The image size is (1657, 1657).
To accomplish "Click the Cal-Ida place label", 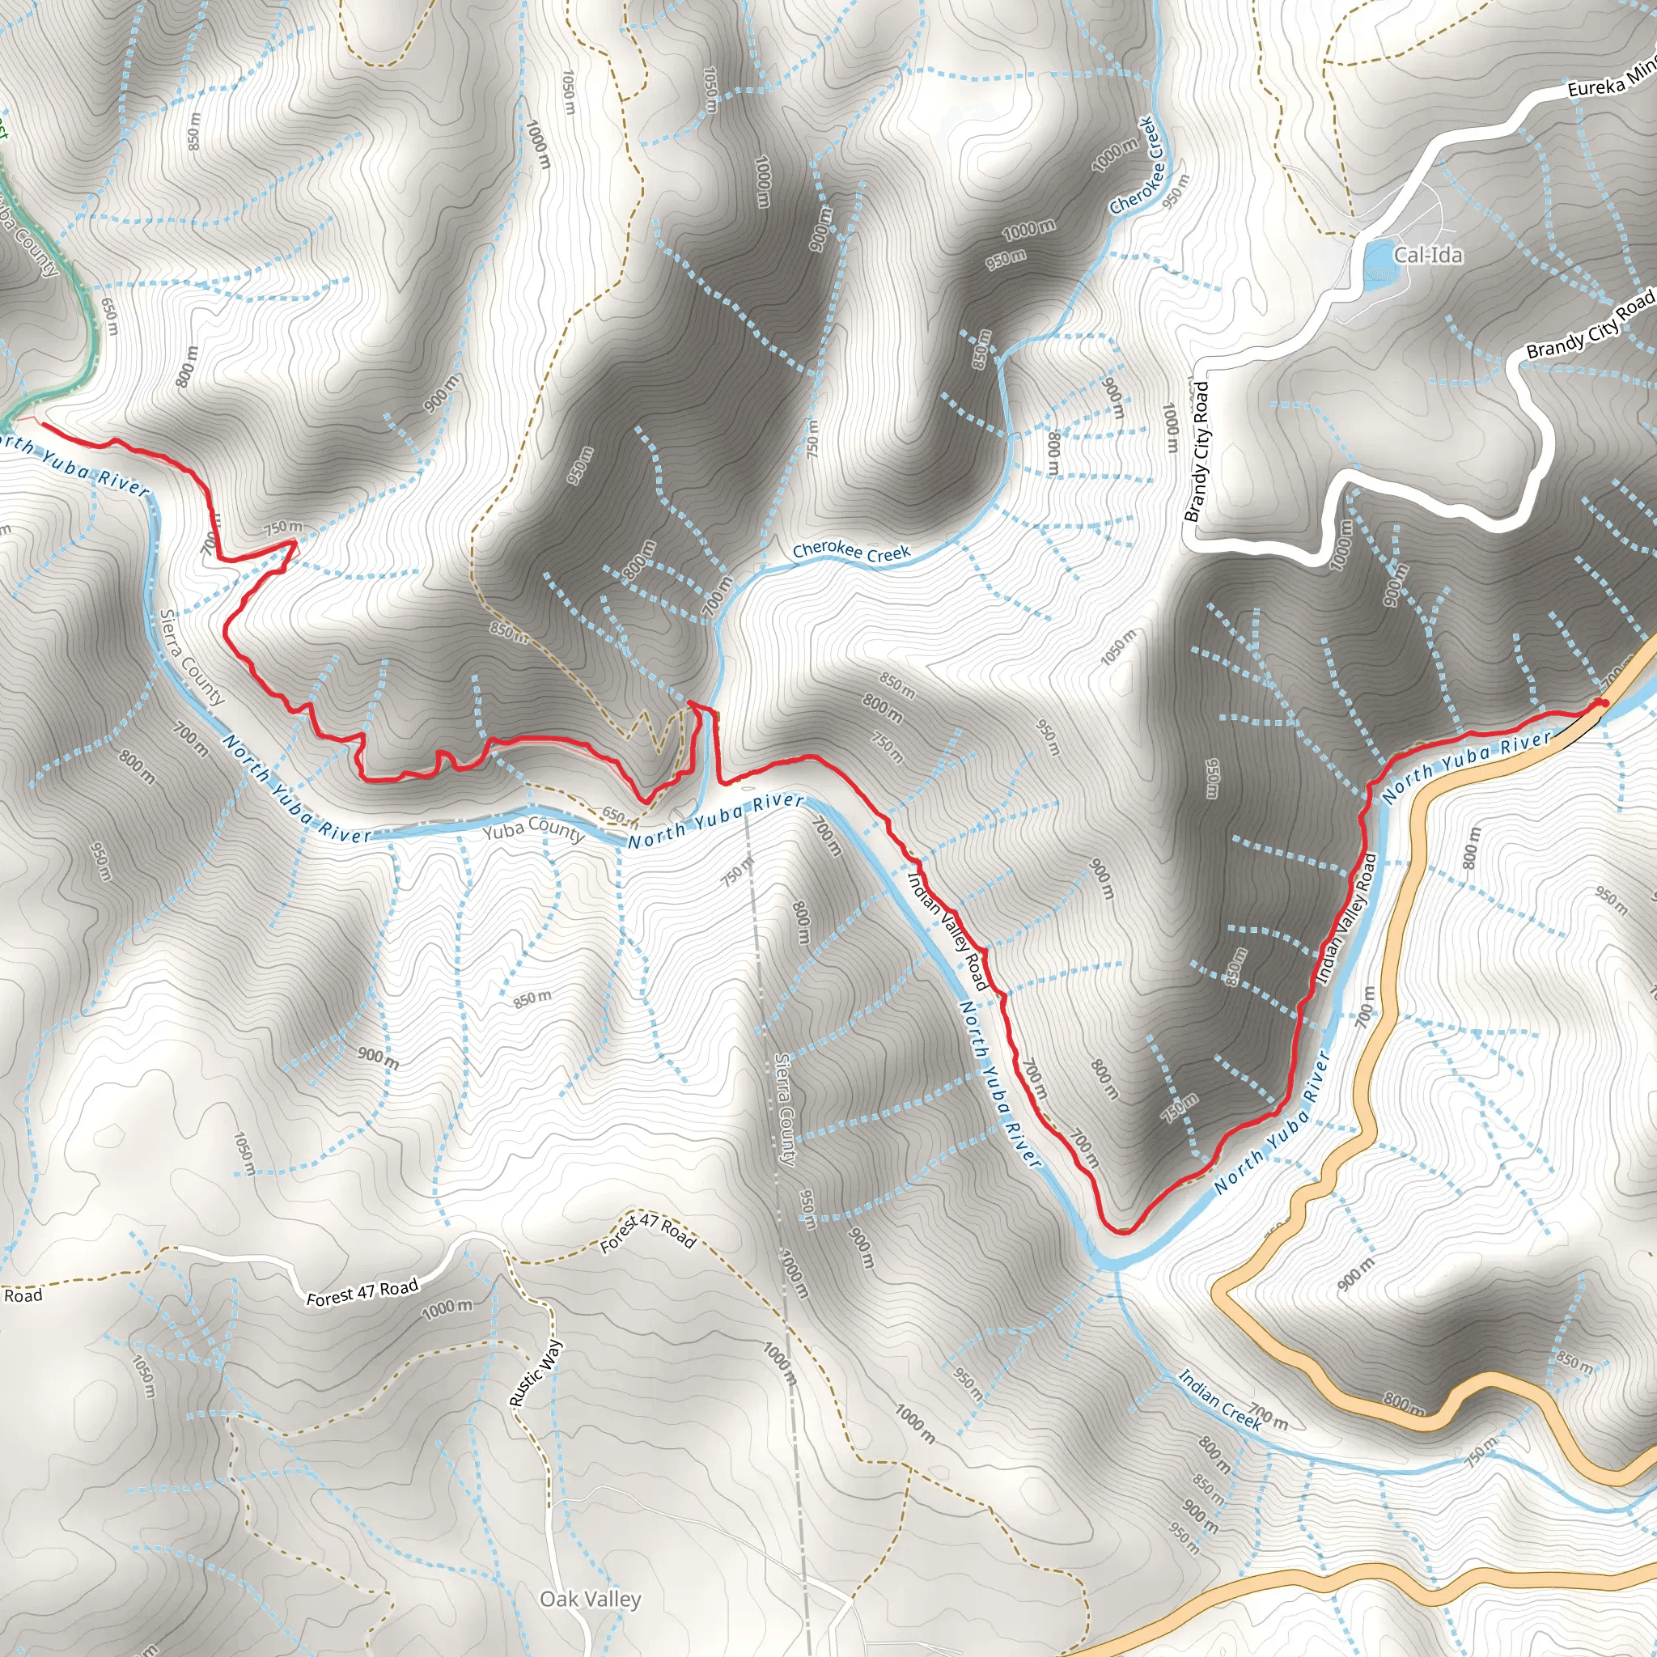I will (x=1428, y=255).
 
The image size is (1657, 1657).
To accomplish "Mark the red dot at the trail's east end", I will (x=1600, y=704).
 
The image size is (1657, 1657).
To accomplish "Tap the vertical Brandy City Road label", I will (x=1196, y=451).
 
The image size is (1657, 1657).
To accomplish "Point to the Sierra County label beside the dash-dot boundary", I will (x=786, y=1109).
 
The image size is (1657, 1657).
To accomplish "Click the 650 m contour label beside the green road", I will (x=110, y=316).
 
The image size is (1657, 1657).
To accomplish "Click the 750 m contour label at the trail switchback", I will (x=283, y=528).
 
